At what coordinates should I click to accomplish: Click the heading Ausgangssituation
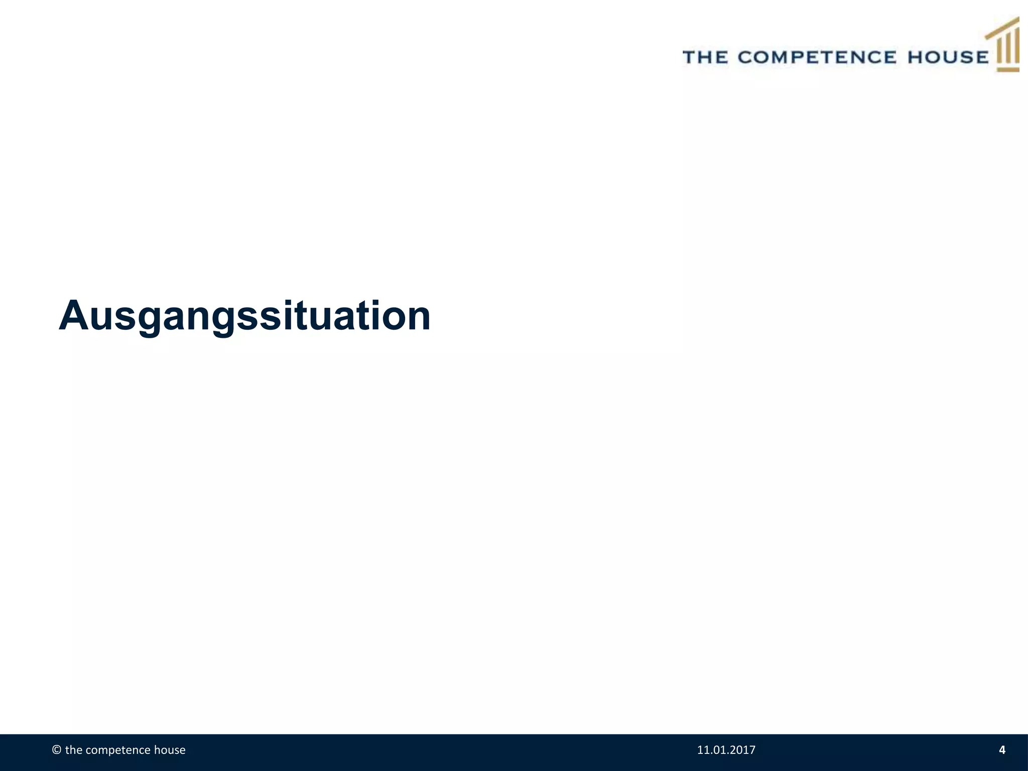pyautogui.click(x=244, y=316)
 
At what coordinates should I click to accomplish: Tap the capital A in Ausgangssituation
pyautogui.click(x=74, y=316)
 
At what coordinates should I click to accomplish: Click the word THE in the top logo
pyautogui.click(x=706, y=57)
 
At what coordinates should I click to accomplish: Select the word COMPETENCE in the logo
pyautogui.click(x=817, y=57)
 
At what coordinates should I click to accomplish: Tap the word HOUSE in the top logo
pyautogui.click(x=948, y=57)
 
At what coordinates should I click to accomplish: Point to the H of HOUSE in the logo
pyautogui.click(x=916, y=57)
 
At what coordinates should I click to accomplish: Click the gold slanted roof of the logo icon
pyautogui.click(x=1002, y=27)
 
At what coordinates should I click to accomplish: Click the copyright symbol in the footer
pyautogui.click(x=57, y=750)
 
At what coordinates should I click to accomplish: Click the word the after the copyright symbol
pyautogui.click(x=73, y=750)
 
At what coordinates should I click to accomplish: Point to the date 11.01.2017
pyautogui.click(x=726, y=750)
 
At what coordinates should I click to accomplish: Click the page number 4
pyautogui.click(x=1002, y=750)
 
